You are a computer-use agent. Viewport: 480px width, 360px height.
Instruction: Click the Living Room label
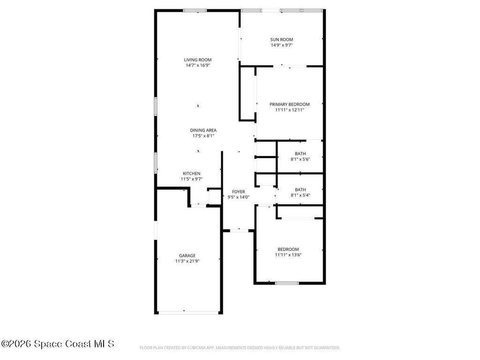(x=197, y=60)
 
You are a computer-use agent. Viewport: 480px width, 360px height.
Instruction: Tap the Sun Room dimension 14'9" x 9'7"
(x=282, y=45)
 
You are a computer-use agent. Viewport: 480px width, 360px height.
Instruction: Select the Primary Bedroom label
(x=289, y=104)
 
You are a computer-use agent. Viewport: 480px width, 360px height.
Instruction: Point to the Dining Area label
(x=203, y=130)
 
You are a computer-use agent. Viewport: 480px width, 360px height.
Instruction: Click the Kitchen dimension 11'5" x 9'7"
(x=191, y=179)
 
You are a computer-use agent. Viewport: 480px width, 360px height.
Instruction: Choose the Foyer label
(x=239, y=192)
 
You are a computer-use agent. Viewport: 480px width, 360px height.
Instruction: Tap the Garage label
(x=187, y=255)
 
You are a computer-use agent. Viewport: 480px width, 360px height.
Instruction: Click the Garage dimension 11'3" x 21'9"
(x=187, y=261)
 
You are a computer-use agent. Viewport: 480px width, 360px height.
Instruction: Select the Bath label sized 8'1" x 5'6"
(x=300, y=154)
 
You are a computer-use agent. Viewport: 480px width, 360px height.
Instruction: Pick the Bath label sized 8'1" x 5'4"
(x=300, y=189)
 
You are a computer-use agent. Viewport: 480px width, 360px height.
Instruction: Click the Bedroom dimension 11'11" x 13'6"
(x=288, y=255)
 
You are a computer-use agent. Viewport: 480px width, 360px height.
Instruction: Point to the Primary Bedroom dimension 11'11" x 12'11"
(x=289, y=110)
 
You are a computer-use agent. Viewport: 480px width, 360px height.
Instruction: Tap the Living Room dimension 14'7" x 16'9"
(x=197, y=66)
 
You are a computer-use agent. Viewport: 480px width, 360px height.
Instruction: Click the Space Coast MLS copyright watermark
(x=57, y=344)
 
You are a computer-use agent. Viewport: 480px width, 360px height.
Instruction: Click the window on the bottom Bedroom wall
(x=287, y=283)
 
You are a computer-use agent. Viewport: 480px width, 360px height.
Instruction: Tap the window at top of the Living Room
(x=195, y=10)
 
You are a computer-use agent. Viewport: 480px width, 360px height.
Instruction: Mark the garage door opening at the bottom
(x=188, y=312)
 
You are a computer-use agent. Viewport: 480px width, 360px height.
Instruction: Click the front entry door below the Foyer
(x=239, y=230)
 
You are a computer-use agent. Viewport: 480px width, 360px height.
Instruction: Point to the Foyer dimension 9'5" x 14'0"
(x=239, y=197)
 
